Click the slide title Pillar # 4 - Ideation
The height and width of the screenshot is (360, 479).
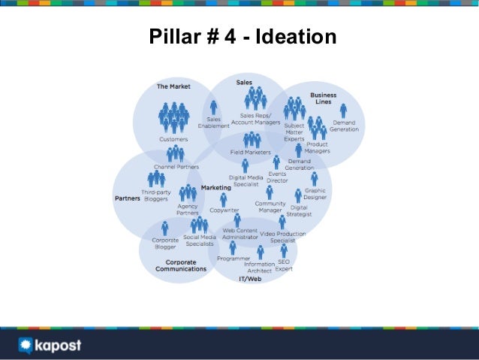coord(243,37)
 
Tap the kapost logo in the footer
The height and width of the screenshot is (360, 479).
coord(50,346)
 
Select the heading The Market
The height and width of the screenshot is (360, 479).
coord(173,86)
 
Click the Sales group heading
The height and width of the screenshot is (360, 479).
coord(244,81)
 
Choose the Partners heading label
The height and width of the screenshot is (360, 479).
coord(127,199)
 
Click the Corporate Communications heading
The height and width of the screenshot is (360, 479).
coord(180,265)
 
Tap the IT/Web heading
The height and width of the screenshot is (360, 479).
coord(250,279)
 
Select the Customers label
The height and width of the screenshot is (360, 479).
coord(173,139)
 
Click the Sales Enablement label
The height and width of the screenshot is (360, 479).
coord(214,123)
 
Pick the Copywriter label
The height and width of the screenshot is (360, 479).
coord(224,210)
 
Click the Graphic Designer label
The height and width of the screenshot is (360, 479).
coord(315,194)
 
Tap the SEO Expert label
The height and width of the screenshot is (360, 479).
coord(284,265)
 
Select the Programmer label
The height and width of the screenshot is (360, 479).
coord(233,258)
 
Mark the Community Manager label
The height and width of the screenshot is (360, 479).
coord(270,207)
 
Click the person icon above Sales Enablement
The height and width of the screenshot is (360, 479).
coord(214,107)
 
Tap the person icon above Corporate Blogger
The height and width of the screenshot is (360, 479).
coord(165,228)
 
